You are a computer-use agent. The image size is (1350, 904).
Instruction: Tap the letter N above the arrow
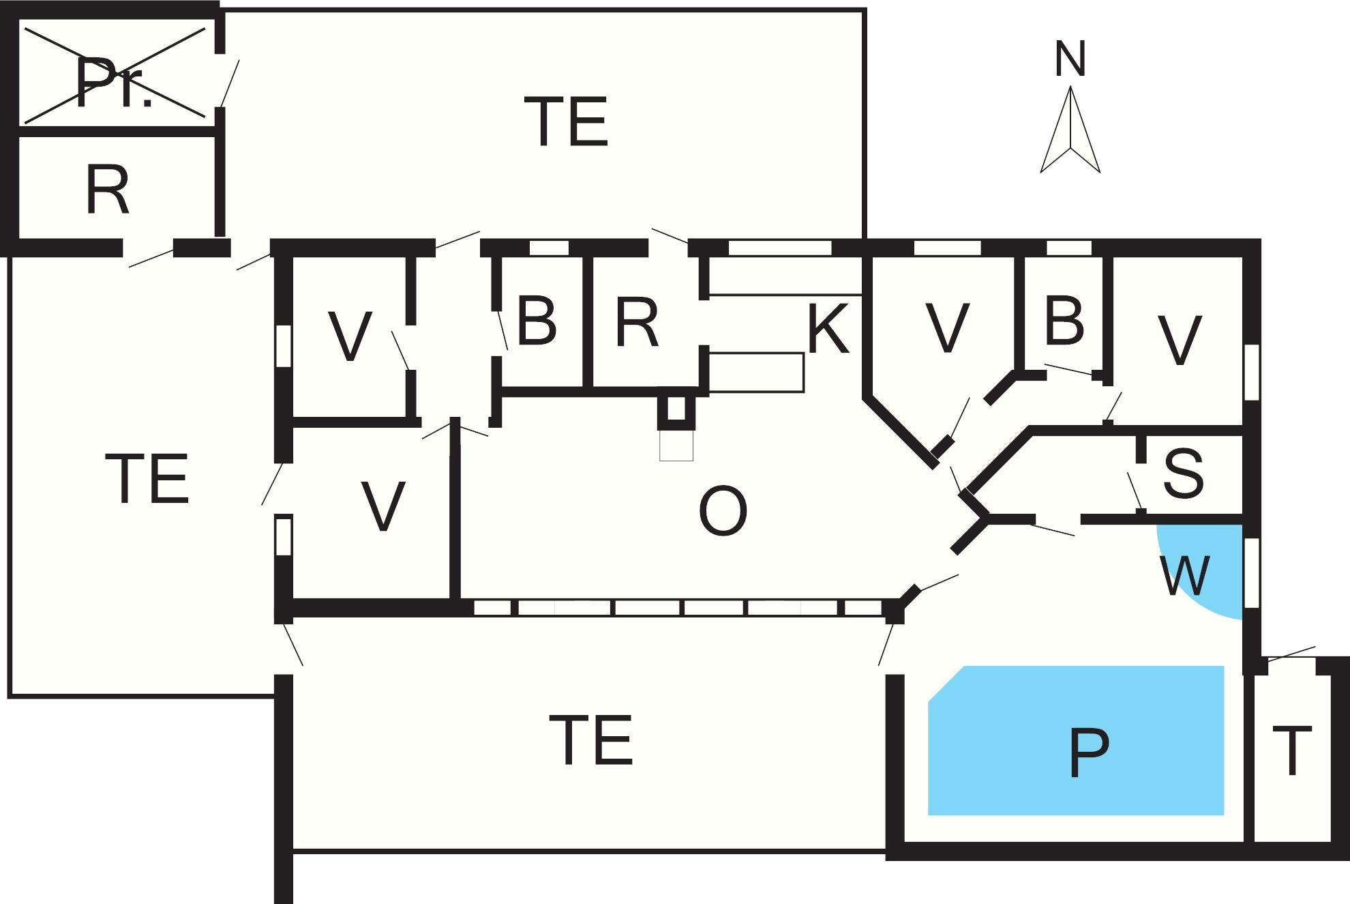(x=1069, y=59)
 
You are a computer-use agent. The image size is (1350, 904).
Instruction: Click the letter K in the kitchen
(x=828, y=330)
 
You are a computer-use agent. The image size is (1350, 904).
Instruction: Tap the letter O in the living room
(x=723, y=511)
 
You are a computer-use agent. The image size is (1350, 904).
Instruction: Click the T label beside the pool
(x=1291, y=751)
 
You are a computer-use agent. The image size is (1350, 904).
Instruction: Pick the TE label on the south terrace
(x=591, y=740)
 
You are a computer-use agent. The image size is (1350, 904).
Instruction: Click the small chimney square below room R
(x=676, y=409)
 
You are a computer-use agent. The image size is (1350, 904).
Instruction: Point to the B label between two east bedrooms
(x=1064, y=320)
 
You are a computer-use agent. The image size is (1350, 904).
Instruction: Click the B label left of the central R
(x=537, y=321)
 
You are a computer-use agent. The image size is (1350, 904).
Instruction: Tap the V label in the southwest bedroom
(x=382, y=506)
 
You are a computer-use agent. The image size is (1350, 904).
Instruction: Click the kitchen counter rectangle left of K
(x=756, y=373)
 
